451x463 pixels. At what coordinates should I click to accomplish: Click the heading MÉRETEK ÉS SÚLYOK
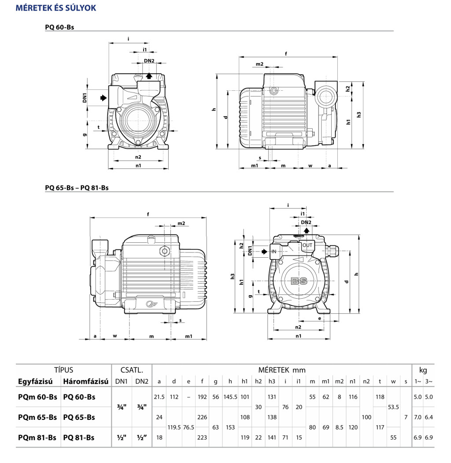tap(56, 8)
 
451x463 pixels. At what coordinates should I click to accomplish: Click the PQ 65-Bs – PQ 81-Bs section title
tap(77, 187)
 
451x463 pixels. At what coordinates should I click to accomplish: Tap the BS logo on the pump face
tap(299, 281)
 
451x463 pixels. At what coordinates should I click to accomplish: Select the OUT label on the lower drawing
tap(307, 245)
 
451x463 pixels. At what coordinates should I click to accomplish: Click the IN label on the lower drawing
tap(274, 252)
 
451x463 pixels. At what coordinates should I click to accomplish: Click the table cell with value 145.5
tap(230, 397)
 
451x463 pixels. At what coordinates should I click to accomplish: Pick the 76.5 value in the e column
tap(189, 427)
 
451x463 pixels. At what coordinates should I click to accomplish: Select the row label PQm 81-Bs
tap(37, 437)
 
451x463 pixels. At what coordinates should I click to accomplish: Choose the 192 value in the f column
tap(202, 397)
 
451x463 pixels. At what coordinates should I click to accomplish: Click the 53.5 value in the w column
tap(393, 407)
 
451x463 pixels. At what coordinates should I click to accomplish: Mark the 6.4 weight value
tap(429, 417)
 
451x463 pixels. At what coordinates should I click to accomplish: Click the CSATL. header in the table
tap(131, 370)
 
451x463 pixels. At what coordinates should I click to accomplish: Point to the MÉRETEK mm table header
tap(282, 370)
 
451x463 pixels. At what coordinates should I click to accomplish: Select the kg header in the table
tap(423, 370)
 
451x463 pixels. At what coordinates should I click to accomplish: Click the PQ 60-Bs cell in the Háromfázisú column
tap(79, 397)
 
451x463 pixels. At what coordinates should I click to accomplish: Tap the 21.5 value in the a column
tap(159, 397)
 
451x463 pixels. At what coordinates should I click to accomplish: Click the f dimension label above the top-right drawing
tap(286, 54)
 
